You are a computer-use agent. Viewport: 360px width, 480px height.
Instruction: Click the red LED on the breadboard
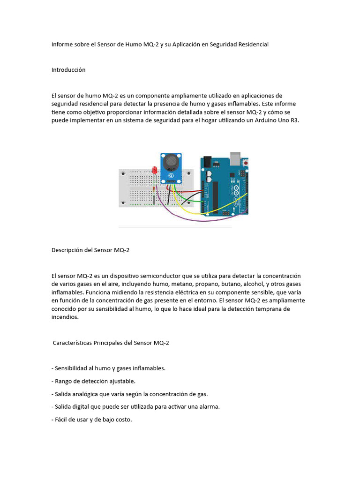point(155,171)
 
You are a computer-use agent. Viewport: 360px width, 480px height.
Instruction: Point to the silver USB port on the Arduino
point(235,156)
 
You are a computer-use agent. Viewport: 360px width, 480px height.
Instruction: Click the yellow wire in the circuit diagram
point(187,209)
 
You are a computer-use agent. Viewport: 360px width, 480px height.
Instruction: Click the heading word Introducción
point(68,69)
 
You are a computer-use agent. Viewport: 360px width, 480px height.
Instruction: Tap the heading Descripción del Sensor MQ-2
point(90,250)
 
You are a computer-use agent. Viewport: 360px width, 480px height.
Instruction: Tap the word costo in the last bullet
point(122,420)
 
